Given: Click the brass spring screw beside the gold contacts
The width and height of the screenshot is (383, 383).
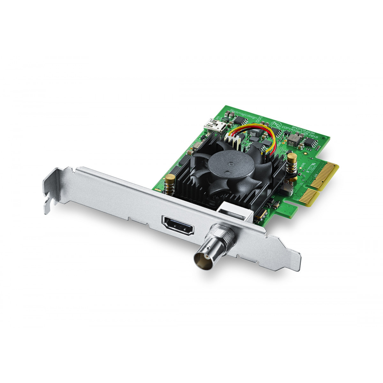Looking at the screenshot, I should pyautogui.click(x=291, y=162).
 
